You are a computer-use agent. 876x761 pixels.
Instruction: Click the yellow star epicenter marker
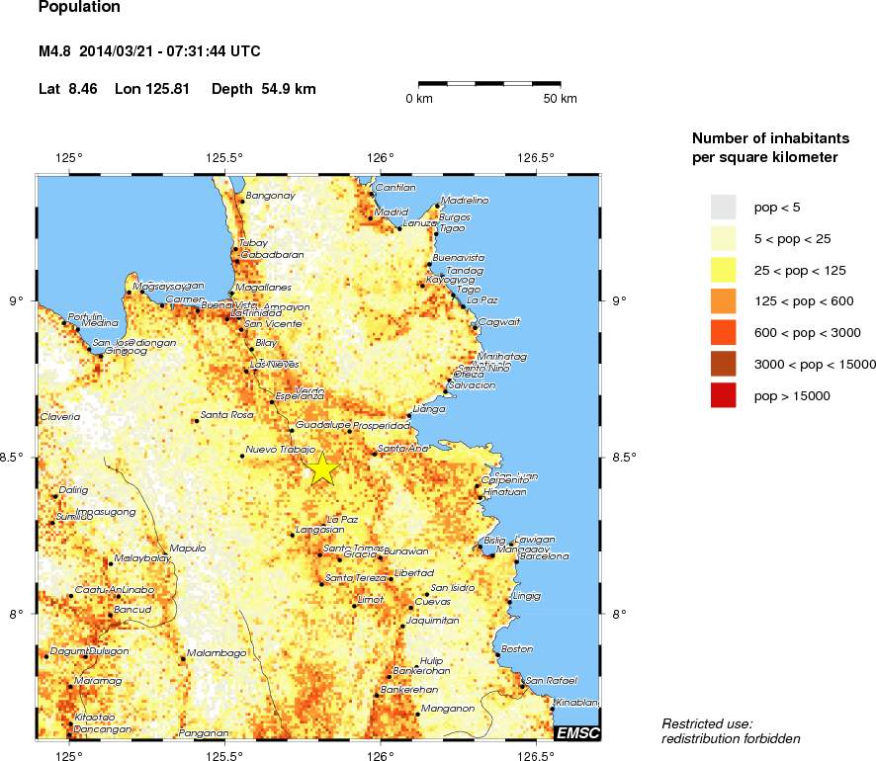pos(322,468)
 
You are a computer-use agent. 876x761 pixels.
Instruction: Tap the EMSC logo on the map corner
pos(577,732)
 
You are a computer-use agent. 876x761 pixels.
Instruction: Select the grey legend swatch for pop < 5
pos(724,206)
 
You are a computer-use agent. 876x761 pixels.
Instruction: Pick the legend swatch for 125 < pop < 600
pos(724,300)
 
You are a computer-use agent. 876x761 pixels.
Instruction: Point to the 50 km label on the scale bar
pos(561,99)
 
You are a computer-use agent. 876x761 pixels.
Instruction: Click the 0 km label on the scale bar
pos(419,99)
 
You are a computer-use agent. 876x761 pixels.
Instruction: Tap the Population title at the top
pos(79,8)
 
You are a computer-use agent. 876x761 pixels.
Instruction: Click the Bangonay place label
pos(270,196)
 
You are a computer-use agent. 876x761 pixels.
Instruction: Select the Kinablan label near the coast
pos(576,703)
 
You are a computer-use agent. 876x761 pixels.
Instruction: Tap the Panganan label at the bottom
pos(205,733)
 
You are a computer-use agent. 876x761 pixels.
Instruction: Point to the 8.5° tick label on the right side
pos(625,458)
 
